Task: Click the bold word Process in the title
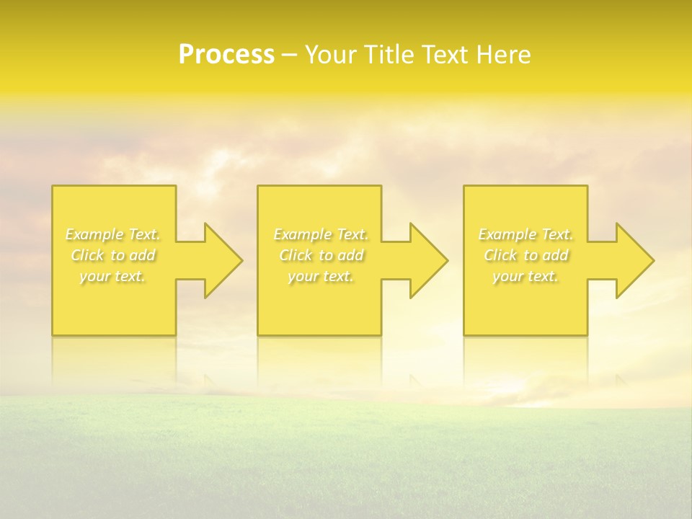226,55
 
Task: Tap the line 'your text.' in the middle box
321,276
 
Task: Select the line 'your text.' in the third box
525,276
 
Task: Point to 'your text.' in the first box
112,276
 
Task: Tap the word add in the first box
143,255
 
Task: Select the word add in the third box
556,255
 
